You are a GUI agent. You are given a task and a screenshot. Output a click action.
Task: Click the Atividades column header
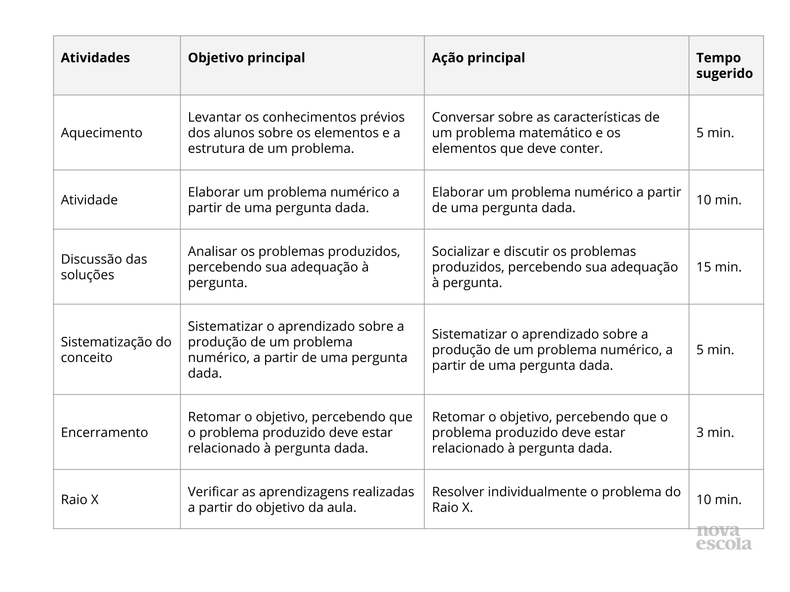(x=95, y=58)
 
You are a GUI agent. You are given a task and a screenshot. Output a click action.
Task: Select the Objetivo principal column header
(x=246, y=58)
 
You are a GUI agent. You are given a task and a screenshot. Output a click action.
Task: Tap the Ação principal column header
(x=478, y=58)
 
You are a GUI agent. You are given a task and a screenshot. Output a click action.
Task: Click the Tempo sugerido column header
(x=724, y=66)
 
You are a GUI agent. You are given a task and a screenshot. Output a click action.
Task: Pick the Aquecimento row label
(x=101, y=133)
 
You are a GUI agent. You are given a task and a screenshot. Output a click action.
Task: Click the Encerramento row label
(x=104, y=432)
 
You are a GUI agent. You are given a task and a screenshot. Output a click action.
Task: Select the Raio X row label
(x=79, y=499)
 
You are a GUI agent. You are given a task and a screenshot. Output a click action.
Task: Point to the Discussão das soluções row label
(x=104, y=267)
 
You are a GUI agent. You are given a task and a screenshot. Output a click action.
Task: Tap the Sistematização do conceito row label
(x=116, y=349)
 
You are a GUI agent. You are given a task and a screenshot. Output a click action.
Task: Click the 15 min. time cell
(x=719, y=267)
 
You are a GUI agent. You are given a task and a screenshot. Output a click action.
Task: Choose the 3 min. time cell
(x=715, y=432)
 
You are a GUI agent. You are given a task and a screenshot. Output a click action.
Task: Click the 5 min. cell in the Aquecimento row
(x=715, y=133)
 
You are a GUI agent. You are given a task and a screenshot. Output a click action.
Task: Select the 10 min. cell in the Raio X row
(x=719, y=499)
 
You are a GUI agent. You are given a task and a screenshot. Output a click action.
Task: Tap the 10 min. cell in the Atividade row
(x=719, y=200)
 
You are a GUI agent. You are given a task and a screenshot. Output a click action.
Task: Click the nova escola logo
(x=724, y=538)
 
